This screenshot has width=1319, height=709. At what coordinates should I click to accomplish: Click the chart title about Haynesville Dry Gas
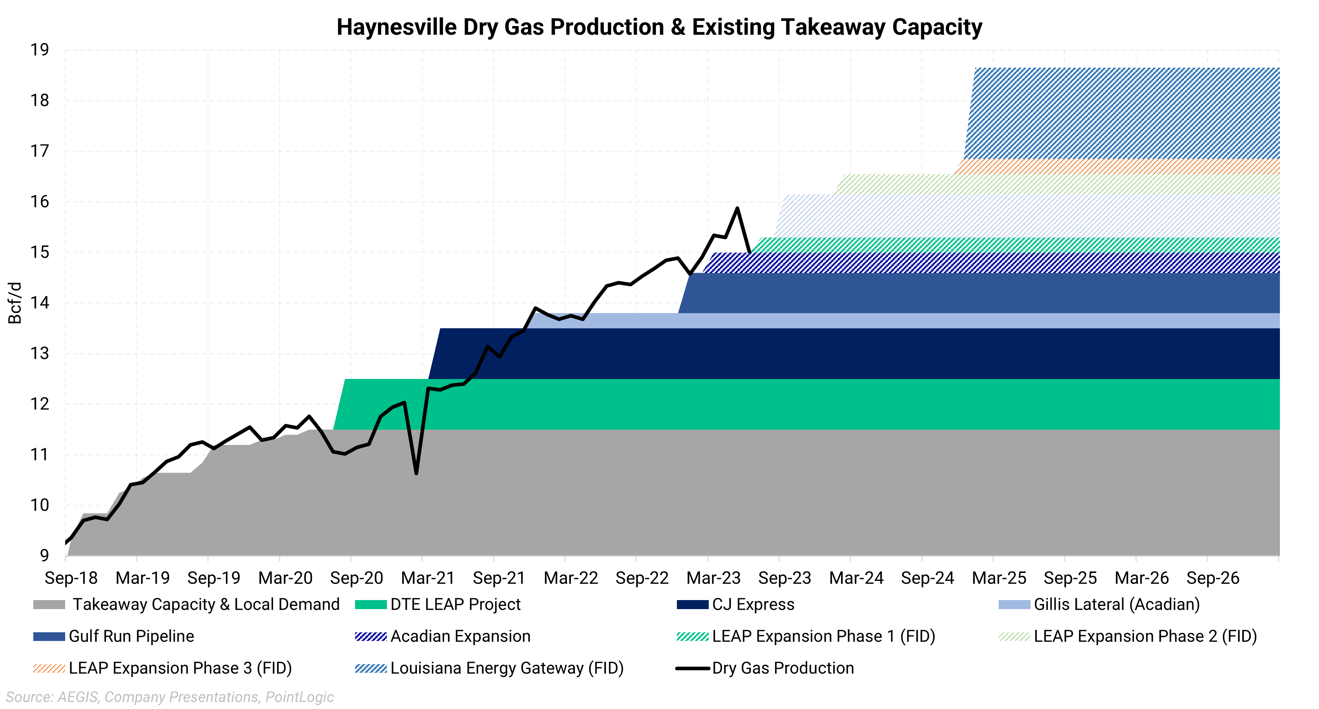tap(659, 27)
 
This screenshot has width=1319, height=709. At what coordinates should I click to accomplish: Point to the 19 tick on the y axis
tap(39, 50)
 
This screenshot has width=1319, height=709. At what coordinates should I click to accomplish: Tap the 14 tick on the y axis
tap(39, 303)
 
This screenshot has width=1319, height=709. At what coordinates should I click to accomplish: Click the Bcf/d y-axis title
tap(15, 303)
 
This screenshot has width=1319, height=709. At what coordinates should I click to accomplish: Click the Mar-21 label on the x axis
tap(427, 578)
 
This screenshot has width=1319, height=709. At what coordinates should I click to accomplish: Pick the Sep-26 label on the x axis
tap(1213, 578)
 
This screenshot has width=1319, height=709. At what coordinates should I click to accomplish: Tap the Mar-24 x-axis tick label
tap(856, 578)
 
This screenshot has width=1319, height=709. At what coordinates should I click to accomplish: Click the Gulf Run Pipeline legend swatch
tap(49, 636)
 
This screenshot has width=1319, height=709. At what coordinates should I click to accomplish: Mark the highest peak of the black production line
tap(737, 208)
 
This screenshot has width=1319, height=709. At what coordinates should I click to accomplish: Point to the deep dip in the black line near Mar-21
tap(416, 473)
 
